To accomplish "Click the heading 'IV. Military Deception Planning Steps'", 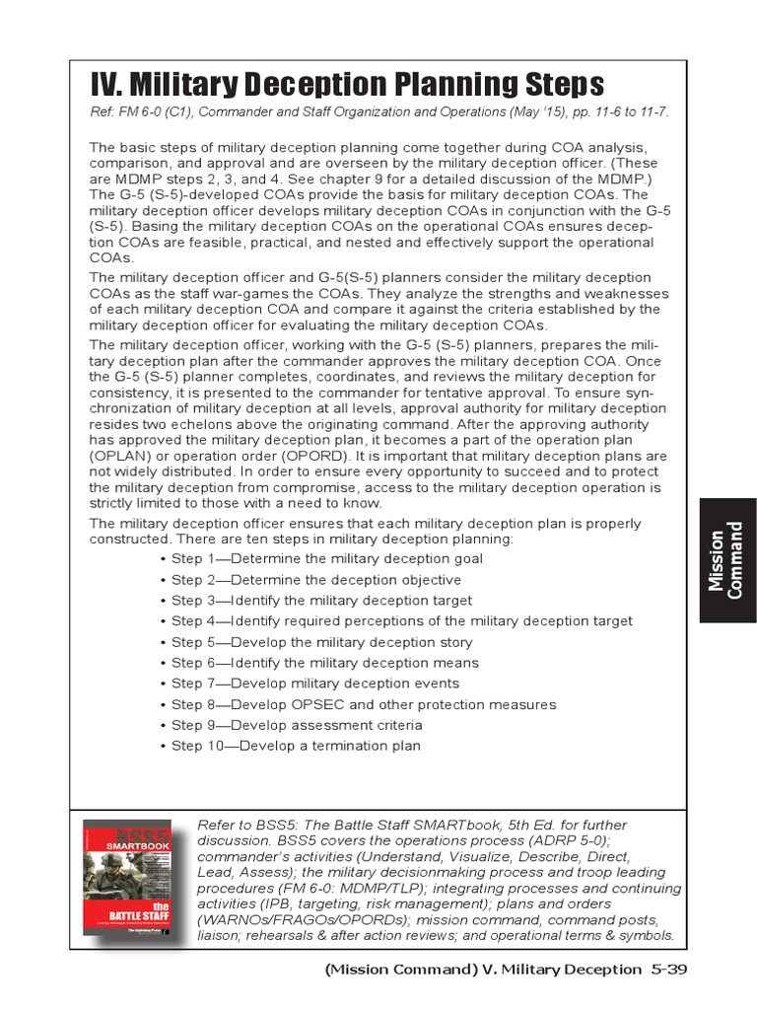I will tap(347, 84).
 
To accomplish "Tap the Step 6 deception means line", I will tap(318, 663).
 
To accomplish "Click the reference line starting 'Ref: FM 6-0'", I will tap(379, 111).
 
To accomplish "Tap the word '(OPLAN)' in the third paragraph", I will tap(121, 457).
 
